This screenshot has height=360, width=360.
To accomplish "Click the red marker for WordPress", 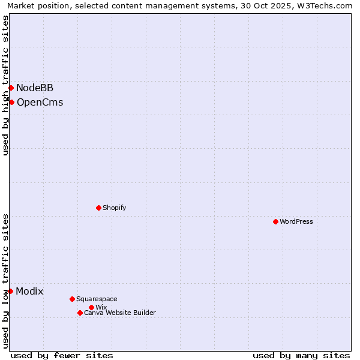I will [x=275, y=221].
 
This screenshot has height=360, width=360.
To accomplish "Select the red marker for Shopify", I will [x=98, y=208].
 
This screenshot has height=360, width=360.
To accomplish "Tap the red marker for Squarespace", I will [x=72, y=299].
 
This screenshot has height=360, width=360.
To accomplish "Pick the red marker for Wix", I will [x=91, y=307].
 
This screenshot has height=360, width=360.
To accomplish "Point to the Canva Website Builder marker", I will [x=80, y=313].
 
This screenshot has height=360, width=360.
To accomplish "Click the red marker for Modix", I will [x=10, y=291].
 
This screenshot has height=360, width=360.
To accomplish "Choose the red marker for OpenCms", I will [x=11, y=102].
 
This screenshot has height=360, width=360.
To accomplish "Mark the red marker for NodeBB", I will [x=11, y=88].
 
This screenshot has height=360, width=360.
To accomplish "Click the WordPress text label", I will [x=296, y=221].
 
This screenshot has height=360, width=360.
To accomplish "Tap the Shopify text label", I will [x=114, y=208].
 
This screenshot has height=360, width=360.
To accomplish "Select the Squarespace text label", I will [x=97, y=299].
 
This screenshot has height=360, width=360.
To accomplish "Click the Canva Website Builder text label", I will [x=120, y=313].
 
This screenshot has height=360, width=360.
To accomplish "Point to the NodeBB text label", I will [x=35, y=88].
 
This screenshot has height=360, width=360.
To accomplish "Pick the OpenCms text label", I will [x=40, y=102].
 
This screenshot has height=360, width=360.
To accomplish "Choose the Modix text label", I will [x=29, y=292].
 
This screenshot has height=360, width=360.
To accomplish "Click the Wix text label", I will [x=101, y=307].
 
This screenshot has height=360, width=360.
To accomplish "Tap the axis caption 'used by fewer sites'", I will [x=62, y=355].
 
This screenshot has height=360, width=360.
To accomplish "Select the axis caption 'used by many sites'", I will [x=301, y=355].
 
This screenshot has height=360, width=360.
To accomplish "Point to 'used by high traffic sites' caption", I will [x=6, y=85].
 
